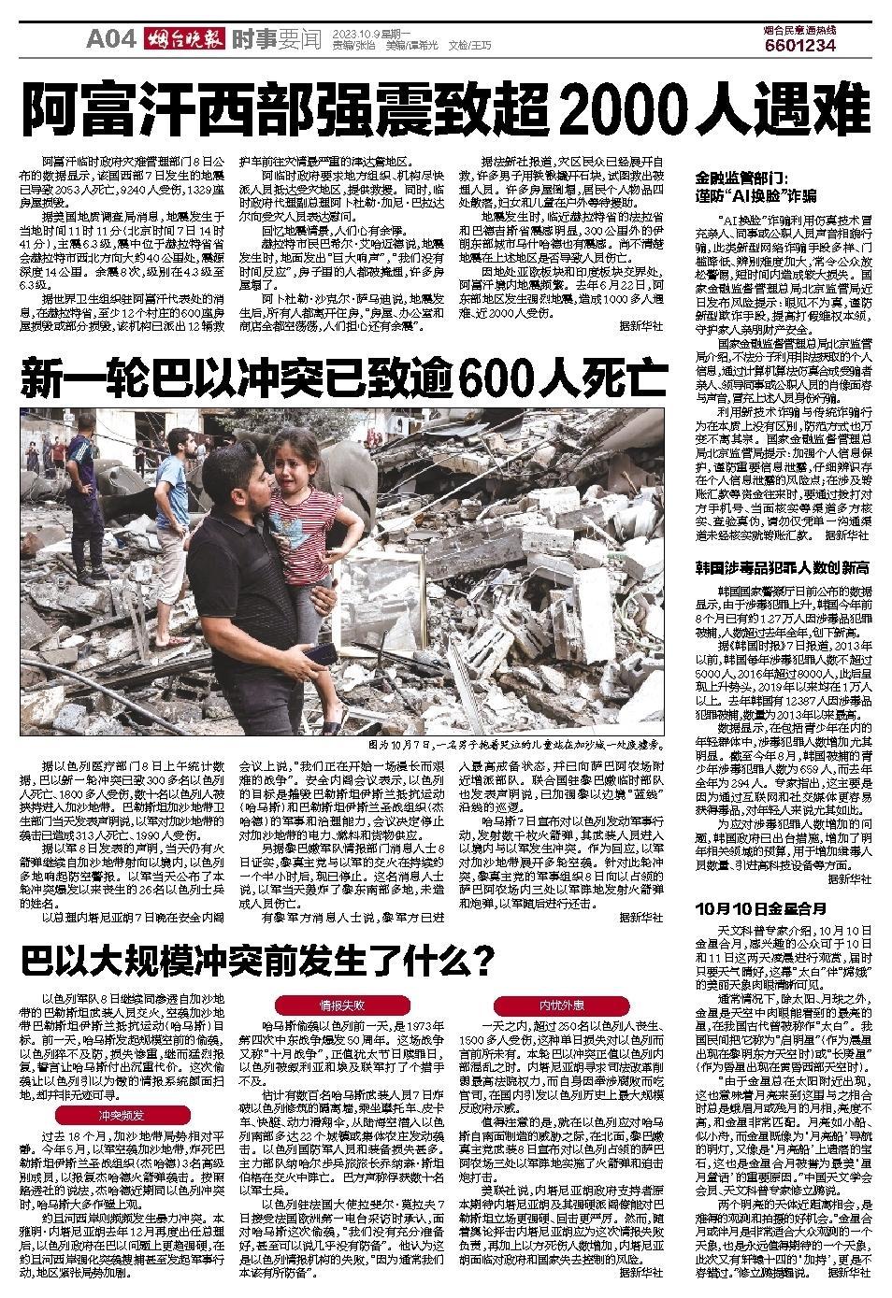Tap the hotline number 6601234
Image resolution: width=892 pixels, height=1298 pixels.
point(799,45)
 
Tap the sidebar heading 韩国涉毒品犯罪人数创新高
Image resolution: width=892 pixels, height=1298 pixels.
point(783,566)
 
